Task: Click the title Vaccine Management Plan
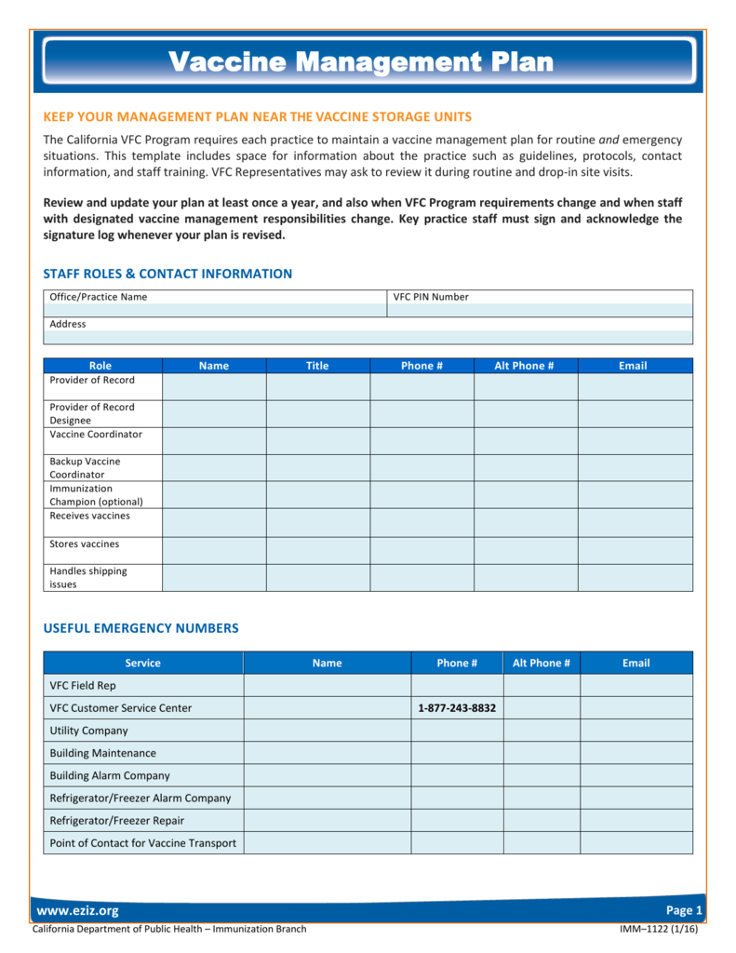[361, 62]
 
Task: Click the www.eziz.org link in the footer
[76, 910]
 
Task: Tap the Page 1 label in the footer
[684, 910]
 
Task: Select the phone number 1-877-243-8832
[457, 708]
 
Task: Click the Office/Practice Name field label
[99, 297]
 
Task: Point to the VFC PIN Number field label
[431, 297]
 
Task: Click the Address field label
[68, 324]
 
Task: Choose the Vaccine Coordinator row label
[96, 435]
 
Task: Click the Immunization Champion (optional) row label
[96, 495]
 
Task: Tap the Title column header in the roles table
[317, 366]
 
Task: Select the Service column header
[142, 663]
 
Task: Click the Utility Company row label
[89, 731]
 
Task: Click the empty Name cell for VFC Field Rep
[327, 686]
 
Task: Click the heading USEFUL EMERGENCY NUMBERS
[141, 628]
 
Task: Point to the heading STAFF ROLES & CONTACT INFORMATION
[168, 274]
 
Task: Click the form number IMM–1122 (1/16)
[660, 929]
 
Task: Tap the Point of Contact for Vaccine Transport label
[142, 843]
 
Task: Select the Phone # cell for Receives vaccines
[422, 522]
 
